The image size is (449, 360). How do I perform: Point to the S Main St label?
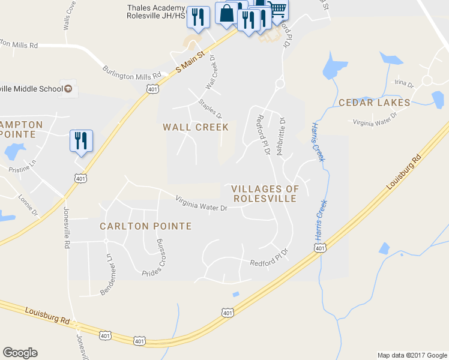pyautogui.click(x=190, y=62)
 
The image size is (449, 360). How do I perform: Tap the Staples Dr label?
pyautogui.click(x=211, y=108)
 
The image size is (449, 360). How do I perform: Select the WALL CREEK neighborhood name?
pyautogui.click(x=196, y=127)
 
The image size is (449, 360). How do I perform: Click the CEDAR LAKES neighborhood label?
pyautogui.click(x=375, y=103)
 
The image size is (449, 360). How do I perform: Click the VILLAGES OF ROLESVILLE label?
pyautogui.click(x=265, y=193)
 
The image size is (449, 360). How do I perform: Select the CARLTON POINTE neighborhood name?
pyautogui.click(x=146, y=226)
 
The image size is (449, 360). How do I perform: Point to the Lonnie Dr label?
pyautogui.click(x=28, y=205)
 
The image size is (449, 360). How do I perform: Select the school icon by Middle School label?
pyautogui.click(x=68, y=89)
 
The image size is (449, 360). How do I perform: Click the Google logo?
pyautogui.click(x=20, y=353)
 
